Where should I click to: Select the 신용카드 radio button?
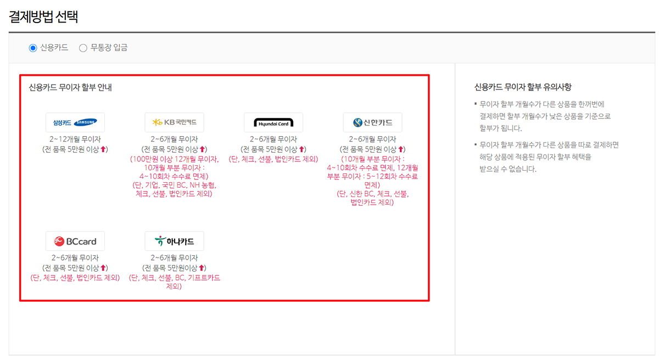(x=33, y=48)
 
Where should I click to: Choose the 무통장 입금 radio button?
(x=83, y=48)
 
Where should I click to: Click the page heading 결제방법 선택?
(x=43, y=16)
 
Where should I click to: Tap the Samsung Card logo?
(x=75, y=122)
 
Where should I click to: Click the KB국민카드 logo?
(x=174, y=122)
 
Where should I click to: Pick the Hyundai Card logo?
(x=273, y=122)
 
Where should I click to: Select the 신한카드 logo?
(x=372, y=122)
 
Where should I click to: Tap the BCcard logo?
(x=75, y=241)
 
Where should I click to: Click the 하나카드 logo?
(x=174, y=241)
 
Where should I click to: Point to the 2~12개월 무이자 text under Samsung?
(x=75, y=139)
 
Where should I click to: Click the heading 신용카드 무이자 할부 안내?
(x=70, y=87)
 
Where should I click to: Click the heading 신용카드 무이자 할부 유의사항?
(x=523, y=87)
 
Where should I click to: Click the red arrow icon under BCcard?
(x=103, y=268)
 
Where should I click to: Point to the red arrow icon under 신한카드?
(x=401, y=149)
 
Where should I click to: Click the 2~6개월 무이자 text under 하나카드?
(x=174, y=258)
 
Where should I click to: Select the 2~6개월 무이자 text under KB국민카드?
(x=174, y=139)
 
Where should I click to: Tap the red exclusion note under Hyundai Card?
(x=273, y=159)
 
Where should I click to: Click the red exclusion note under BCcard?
(x=75, y=278)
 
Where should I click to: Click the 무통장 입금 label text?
(x=109, y=48)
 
